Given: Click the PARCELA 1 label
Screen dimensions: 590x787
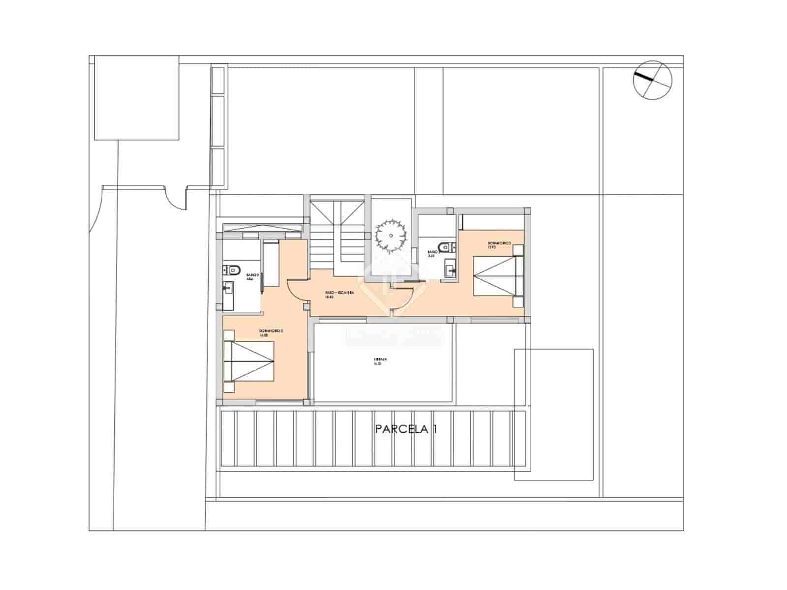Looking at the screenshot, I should coord(406,429).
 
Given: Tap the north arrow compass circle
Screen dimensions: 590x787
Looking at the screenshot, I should coord(652,80).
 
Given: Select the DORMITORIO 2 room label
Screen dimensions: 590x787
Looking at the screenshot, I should coord(271,333).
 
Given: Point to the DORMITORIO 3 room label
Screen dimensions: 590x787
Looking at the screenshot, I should coord(499,245).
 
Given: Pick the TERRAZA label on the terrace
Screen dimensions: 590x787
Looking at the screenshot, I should coord(378,360).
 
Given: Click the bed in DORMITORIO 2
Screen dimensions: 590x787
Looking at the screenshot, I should coord(248,361).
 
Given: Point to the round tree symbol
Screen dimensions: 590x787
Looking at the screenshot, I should coord(391,236).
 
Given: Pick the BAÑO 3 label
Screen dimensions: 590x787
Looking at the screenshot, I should coord(431,253).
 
